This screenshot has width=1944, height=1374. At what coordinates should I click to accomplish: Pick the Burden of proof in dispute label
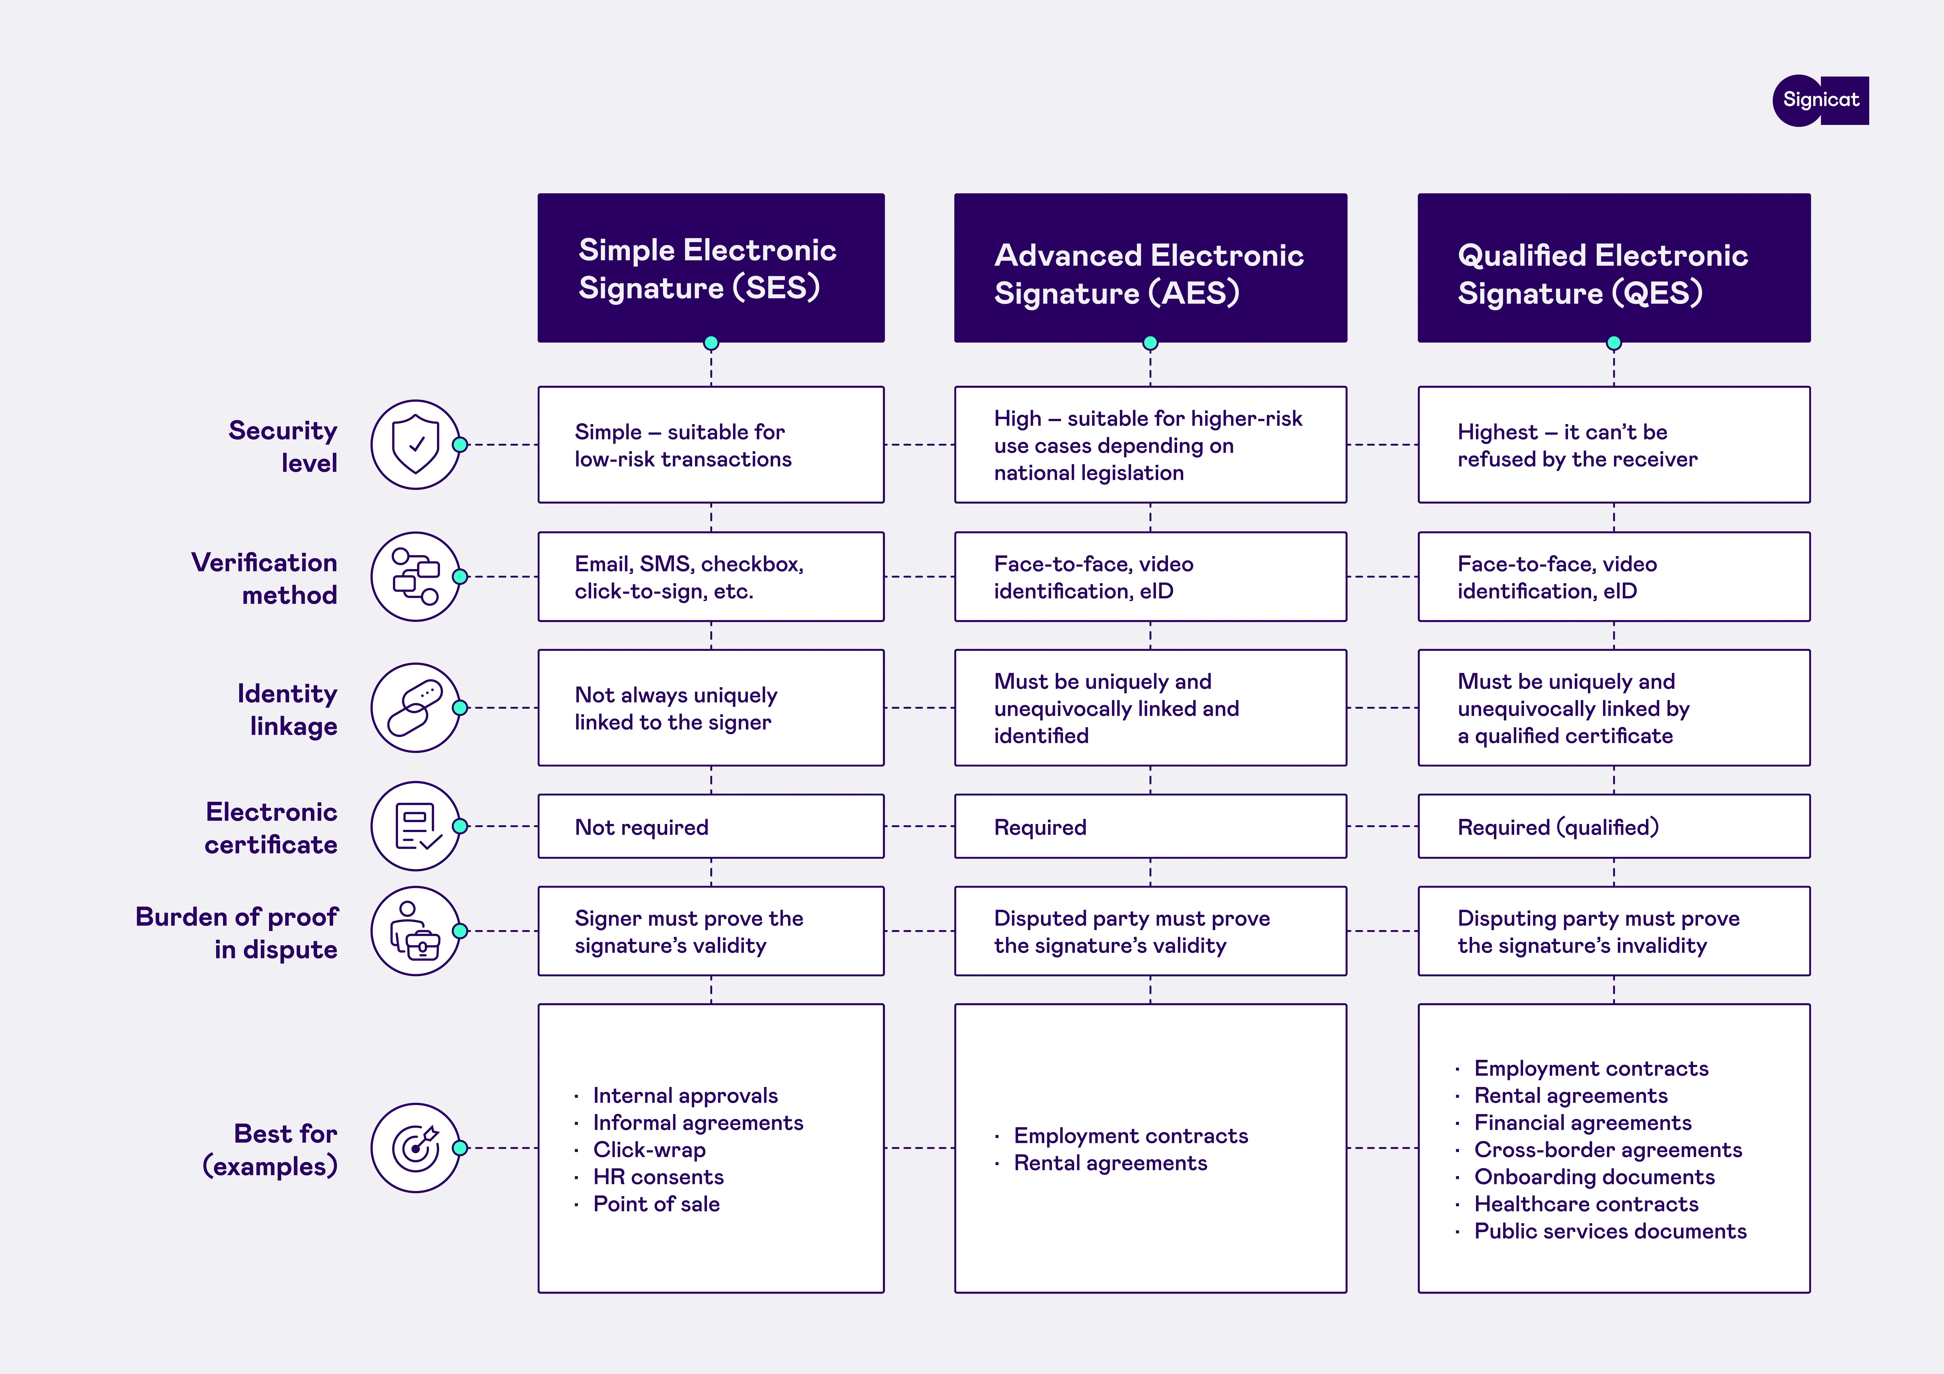point(237,933)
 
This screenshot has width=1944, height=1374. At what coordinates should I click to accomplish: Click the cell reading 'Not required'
point(710,827)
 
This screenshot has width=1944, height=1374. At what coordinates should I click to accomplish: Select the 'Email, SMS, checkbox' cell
point(710,577)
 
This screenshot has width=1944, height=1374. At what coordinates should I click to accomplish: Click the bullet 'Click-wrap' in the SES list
point(649,1149)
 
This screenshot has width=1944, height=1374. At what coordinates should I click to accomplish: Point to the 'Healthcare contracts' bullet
point(1586,1204)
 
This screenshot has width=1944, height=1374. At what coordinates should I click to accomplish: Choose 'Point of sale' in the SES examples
point(656,1204)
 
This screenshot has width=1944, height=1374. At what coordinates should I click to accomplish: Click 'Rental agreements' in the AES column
point(1110,1163)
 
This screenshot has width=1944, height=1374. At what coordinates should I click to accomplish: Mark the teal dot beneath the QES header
point(1614,343)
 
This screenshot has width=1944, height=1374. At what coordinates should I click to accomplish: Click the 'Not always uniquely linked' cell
point(710,708)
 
